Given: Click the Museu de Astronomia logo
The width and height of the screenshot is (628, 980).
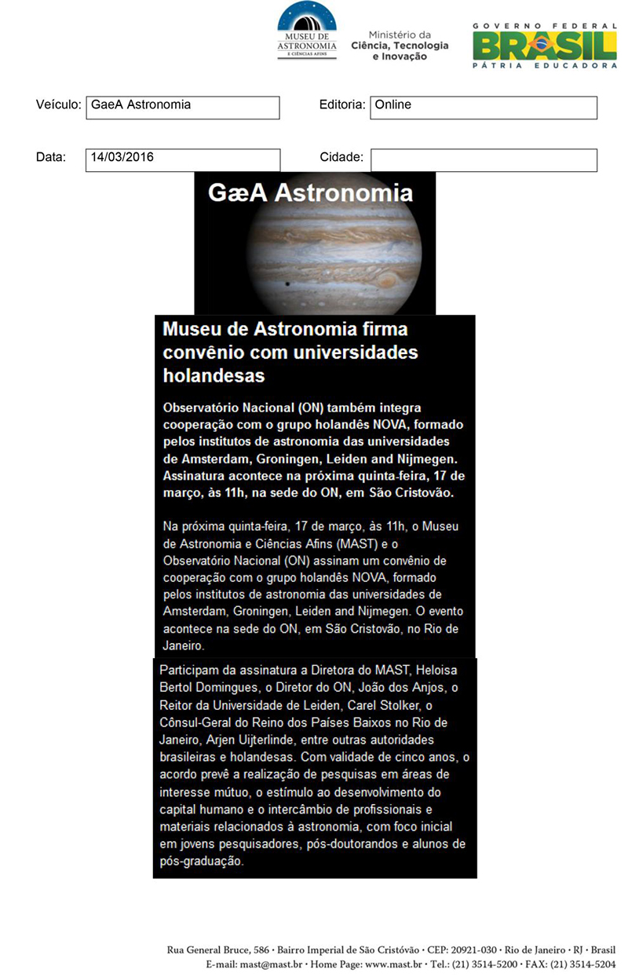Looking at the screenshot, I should [x=307, y=31].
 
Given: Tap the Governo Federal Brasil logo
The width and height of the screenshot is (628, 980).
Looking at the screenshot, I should [x=544, y=44].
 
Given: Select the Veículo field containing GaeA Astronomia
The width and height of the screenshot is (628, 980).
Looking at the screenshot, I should [x=182, y=108].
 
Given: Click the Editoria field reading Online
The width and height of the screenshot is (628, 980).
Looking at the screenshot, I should [x=484, y=108].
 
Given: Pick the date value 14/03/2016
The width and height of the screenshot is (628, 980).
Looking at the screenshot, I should [x=182, y=160].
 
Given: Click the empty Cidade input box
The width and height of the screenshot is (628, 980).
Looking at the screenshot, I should [x=484, y=160].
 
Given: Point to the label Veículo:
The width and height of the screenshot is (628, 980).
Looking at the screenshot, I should [x=59, y=104].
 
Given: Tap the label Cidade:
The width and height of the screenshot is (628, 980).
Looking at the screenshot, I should [x=341, y=157].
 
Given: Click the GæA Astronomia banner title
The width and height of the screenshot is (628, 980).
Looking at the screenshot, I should [x=310, y=193].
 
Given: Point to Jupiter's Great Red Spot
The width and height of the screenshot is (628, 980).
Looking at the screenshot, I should [x=387, y=279].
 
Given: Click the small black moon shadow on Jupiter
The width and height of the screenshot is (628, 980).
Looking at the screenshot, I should [x=287, y=283].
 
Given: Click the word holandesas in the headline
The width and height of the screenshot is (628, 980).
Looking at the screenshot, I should [x=214, y=375].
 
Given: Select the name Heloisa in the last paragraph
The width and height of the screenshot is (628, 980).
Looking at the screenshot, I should [x=436, y=670].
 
